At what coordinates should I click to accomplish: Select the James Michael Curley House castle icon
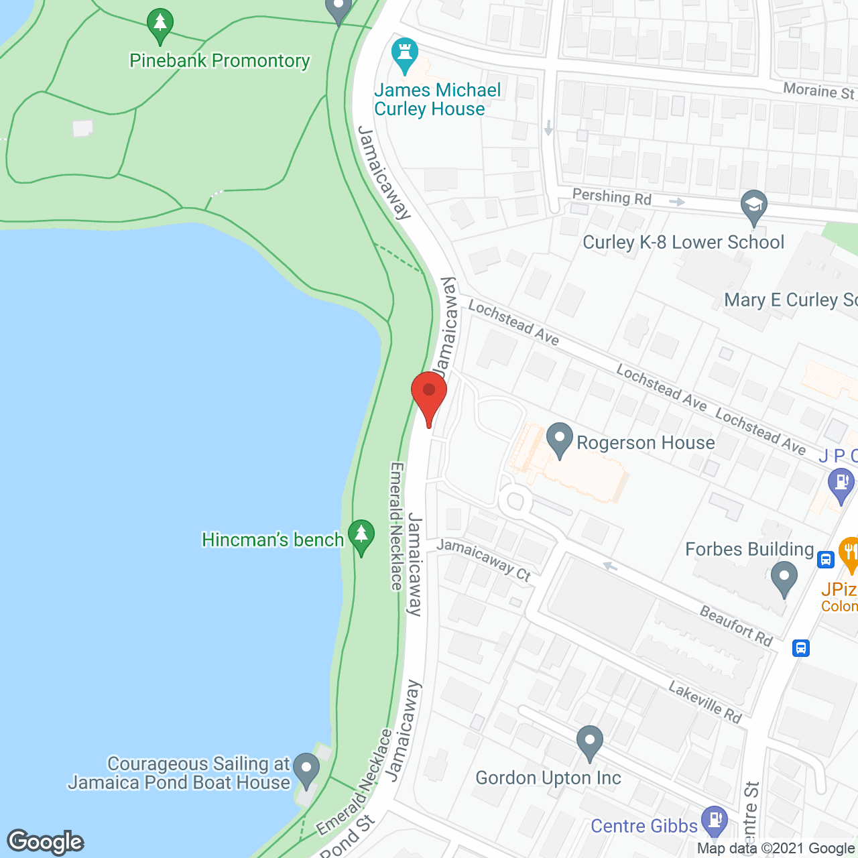click(x=404, y=54)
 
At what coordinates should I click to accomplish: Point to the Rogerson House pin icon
click(x=559, y=440)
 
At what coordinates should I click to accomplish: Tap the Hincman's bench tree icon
click(x=362, y=536)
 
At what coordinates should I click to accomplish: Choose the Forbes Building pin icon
click(x=784, y=578)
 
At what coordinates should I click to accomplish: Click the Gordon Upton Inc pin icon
click(x=590, y=741)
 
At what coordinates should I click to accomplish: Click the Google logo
click(x=46, y=842)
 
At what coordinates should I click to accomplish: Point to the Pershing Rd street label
click(x=611, y=197)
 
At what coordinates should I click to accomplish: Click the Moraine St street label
click(x=819, y=90)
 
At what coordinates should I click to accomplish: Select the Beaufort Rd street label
click(x=736, y=625)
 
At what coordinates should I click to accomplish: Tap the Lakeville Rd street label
click(x=705, y=702)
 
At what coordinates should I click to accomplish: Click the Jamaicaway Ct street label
click(x=484, y=560)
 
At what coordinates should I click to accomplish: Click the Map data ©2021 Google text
click(x=776, y=849)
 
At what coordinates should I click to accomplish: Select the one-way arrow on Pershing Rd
click(x=676, y=202)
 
